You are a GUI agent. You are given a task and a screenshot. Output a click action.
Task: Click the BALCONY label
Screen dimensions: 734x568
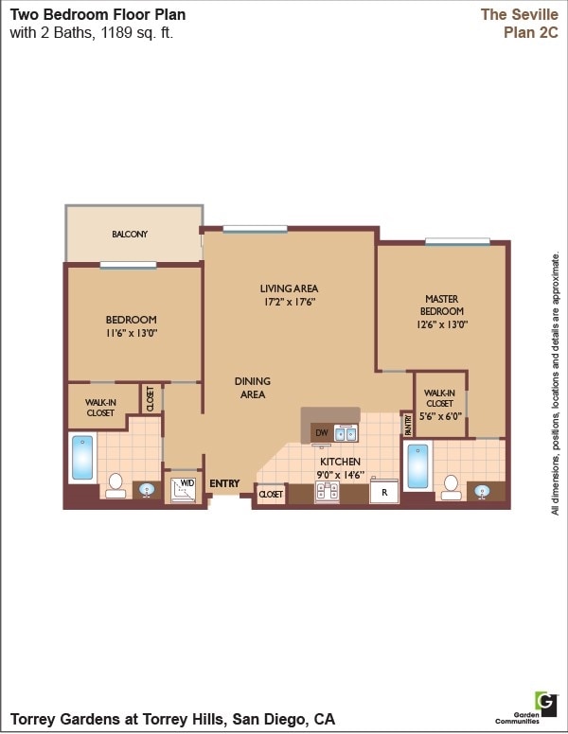point(130,235)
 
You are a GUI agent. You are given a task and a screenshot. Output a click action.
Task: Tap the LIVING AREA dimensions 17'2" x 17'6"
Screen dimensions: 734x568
point(289,303)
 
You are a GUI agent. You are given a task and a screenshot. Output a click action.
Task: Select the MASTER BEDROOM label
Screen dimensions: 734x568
point(441,305)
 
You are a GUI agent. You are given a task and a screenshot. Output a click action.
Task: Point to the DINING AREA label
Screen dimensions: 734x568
point(253,388)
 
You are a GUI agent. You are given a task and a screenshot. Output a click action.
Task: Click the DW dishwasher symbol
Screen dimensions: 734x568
point(321,433)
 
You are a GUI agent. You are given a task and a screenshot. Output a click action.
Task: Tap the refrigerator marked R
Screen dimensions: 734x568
point(384,492)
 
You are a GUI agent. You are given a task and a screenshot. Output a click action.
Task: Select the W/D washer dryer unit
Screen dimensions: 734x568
point(184,488)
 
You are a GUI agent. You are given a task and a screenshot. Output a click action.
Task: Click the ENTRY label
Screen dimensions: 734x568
point(224,484)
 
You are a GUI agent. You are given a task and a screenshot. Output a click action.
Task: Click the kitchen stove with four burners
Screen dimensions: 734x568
point(328,491)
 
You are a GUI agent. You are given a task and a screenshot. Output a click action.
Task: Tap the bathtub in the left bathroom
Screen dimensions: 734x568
point(83,458)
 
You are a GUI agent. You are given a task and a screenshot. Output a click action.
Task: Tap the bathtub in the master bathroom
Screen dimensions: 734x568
point(417,465)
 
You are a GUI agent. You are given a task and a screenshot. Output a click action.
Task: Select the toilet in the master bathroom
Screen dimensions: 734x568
point(451,487)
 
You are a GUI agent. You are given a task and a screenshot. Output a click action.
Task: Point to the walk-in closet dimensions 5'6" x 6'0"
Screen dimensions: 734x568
point(439,415)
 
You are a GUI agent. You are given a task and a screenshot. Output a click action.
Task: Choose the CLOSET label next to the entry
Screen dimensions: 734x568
point(271,494)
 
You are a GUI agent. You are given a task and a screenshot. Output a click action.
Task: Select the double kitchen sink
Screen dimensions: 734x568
point(346,434)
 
